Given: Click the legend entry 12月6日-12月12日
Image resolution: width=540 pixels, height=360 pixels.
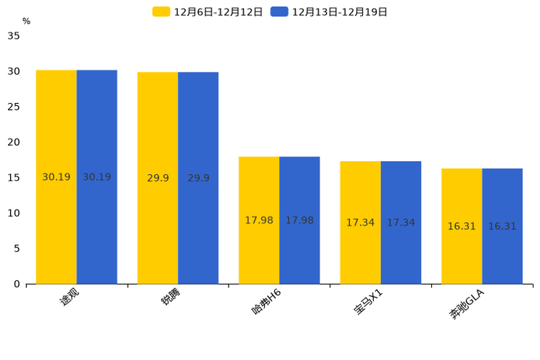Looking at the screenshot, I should (x=208, y=12).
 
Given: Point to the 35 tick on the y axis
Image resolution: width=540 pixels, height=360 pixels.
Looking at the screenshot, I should (x=14, y=36).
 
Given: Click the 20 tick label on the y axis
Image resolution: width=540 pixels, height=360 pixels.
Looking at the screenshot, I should (x=14, y=142).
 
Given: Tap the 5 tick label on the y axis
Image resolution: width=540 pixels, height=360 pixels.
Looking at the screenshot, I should (x=17, y=248).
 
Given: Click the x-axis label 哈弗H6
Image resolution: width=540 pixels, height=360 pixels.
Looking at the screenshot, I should (x=266, y=303).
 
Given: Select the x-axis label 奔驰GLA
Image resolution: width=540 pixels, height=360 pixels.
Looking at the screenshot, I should (x=465, y=306).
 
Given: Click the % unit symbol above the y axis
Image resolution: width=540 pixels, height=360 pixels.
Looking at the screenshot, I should (x=26, y=21).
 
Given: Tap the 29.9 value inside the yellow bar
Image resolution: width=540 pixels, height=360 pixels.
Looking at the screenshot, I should (x=157, y=178).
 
